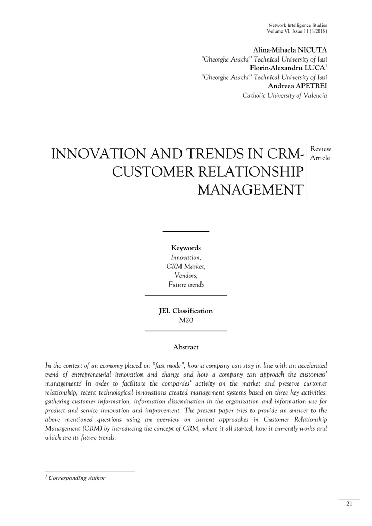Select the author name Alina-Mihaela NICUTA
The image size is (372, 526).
[290, 50]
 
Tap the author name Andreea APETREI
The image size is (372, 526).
[298, 86]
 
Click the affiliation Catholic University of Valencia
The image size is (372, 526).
[285, 96]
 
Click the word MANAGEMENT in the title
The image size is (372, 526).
[250, 189]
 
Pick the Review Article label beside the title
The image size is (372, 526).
[320, 154]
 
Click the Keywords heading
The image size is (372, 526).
[186, 248]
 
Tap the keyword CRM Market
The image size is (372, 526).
[186, 266]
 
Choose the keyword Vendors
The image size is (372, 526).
[186, 275]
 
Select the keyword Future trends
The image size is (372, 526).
[186, 285]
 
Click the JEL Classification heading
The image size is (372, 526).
[186, 311]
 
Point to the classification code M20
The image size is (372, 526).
[186, 320]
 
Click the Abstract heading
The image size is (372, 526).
[186, 347]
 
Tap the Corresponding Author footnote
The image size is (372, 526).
[77, 478]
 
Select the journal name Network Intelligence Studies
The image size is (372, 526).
[298, 25]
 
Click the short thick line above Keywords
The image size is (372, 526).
[186, 231]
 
